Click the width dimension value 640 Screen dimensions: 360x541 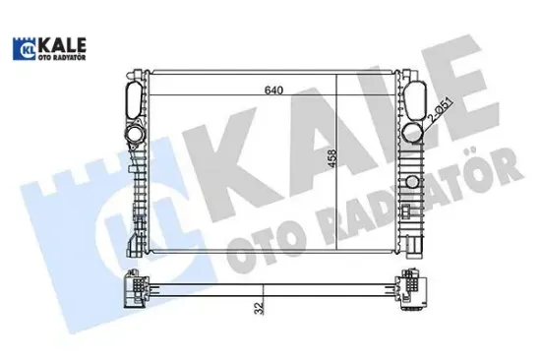click(273, 91)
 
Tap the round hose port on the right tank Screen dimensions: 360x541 click(412, 133)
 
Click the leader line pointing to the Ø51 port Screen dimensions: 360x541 click(428, 122)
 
